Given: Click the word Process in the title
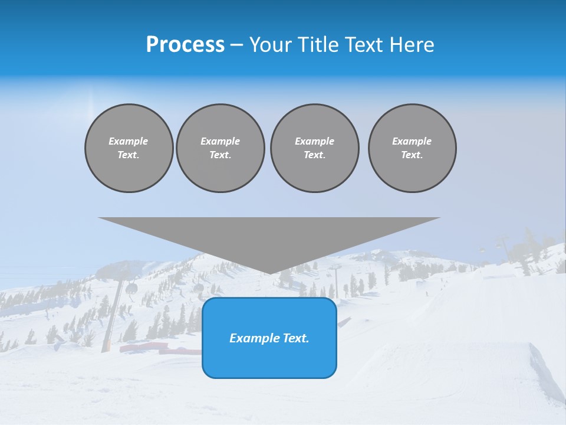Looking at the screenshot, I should click(185, 45).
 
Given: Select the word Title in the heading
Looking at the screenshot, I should click(319, 45).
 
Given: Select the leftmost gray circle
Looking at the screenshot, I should click(129, 148).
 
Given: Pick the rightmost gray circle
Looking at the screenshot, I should click(412, 148).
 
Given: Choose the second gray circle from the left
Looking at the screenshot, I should click(221, 148).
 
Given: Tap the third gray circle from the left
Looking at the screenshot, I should click(315, 148).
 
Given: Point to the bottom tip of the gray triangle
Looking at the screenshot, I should click(269, 273).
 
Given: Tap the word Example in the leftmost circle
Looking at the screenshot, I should click(129, 141).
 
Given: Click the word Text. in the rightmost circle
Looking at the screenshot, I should click(412, 155).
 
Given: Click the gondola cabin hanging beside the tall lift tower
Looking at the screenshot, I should click(131, 288).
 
